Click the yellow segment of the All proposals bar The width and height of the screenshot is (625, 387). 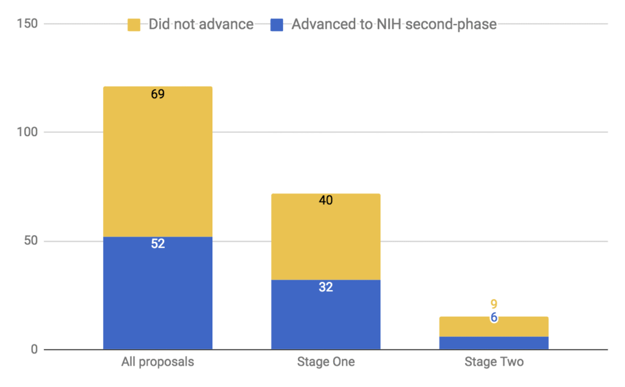(x=157, y=162)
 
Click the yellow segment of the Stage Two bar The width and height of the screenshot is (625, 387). (x=494, y=327)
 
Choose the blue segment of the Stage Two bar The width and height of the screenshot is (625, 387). (x=494, y=343)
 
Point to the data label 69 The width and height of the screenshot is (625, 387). (x=158, y=95)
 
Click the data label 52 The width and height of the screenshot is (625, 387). (x=158, y=244)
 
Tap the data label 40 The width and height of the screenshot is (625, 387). (x=326, y=201)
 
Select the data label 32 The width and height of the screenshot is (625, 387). (x=326, y=287)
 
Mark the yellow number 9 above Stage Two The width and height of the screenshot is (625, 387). (x=494, y=304)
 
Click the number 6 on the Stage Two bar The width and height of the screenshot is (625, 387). (x=494, y=317)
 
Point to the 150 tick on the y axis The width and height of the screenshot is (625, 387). (x=26, y=24)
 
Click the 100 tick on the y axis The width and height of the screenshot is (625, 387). (x=26, y=132)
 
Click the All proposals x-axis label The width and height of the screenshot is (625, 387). (x=157, y=362)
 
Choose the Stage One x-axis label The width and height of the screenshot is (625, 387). (x=325, y=362)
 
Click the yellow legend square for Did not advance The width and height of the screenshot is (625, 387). (x=134, y=25)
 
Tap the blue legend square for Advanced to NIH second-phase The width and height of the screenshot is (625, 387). (x=277, y=25)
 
